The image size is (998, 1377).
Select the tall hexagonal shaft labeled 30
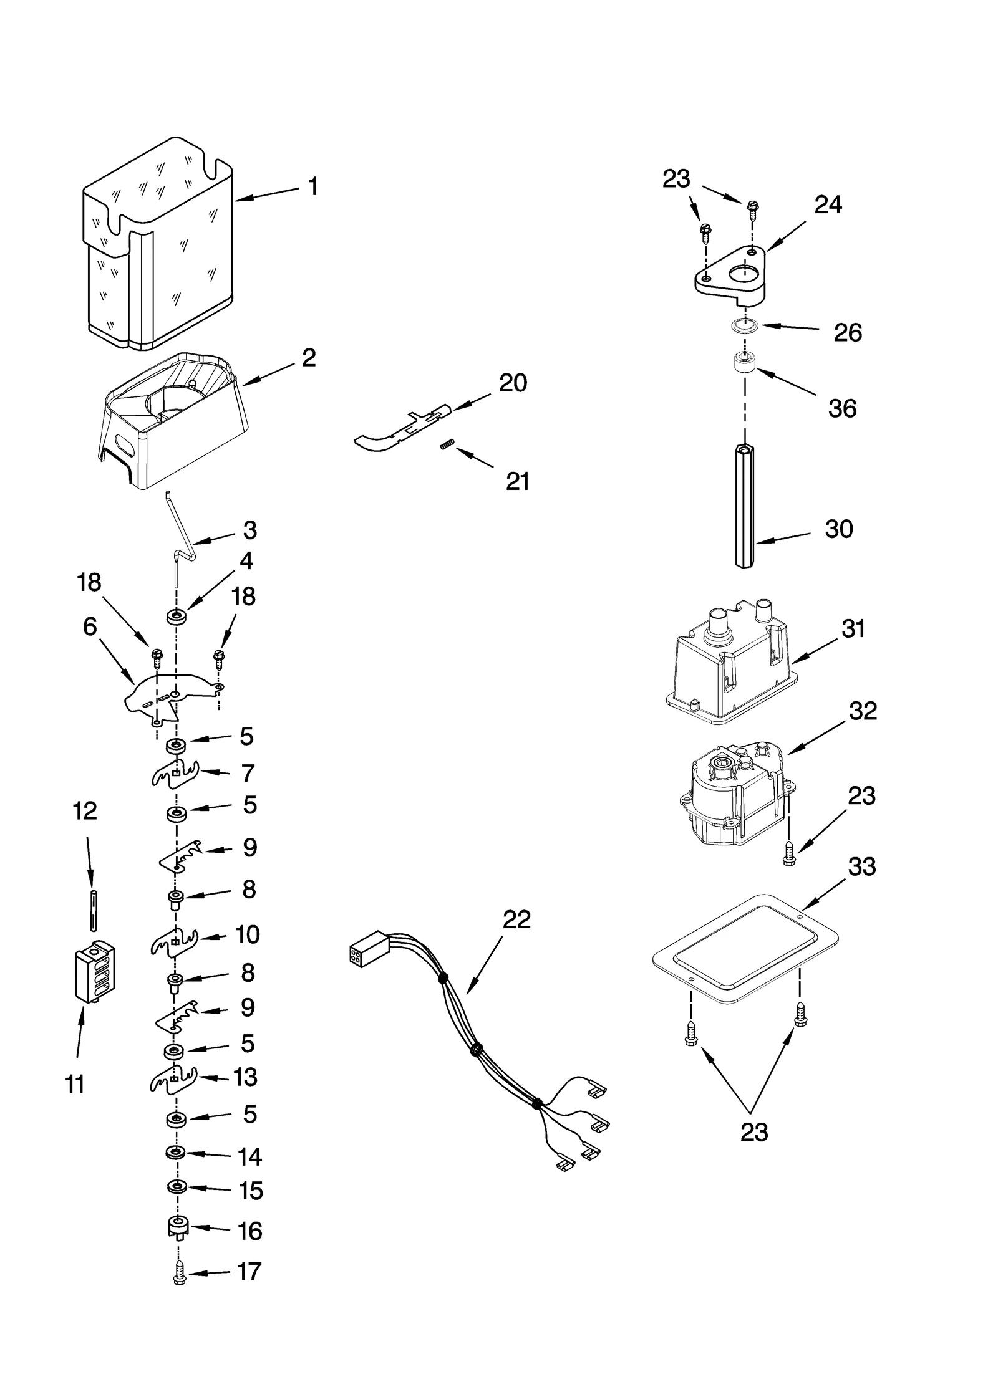(x=745, y=505)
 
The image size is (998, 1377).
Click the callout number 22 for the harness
(x=516, y=919)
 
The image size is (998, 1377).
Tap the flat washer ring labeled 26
(x=742, y=325)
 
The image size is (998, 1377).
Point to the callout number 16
(x=250, y=1231)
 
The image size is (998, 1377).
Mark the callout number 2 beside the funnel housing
(x=308, y=358)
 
